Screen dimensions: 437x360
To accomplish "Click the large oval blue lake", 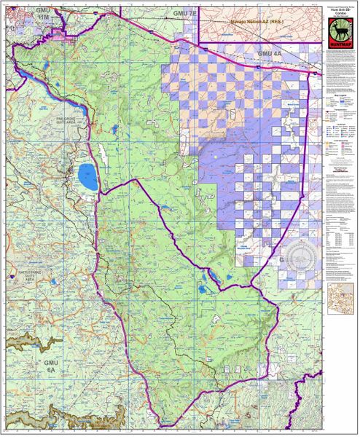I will [86, 176].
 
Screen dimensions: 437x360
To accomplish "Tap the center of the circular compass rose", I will [300, 256].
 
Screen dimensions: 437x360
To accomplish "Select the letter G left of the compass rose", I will [281, 259].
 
